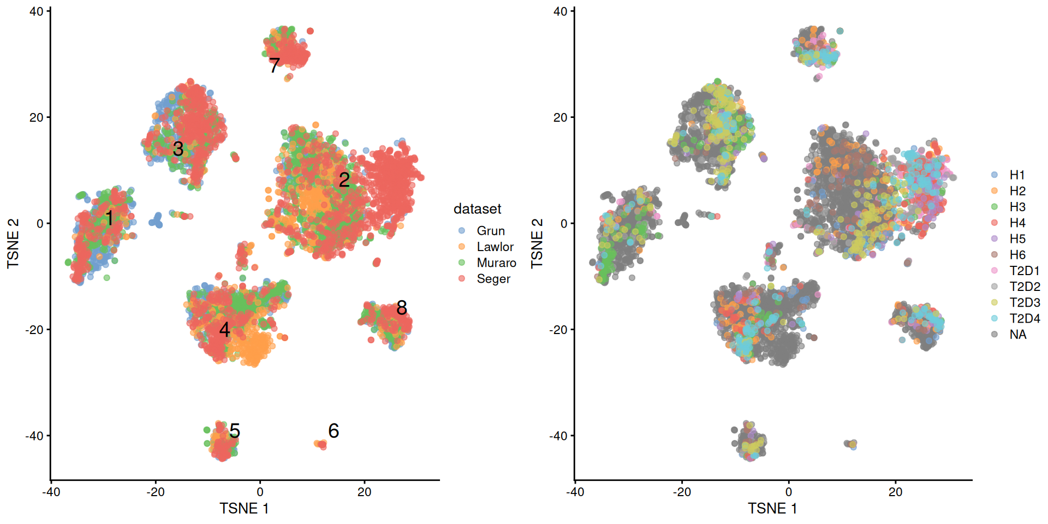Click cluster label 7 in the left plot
click(x=275, y=65)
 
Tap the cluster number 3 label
click(x=178, y=148)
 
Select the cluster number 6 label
click(x=334, y=431)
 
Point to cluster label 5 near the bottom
click(x=235, y=431)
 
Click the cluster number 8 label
click(x=402, y=308)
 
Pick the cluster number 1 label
click(x=109, y=218)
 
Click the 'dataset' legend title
click(x=477, y=209)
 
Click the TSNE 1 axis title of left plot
click(x=244, y=508)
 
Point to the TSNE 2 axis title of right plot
click(x=537, y=243)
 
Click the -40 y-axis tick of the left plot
click(x=35, y=436)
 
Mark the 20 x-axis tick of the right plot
click(x=895, y=492)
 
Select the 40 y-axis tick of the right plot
click(x=560, y=11)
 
